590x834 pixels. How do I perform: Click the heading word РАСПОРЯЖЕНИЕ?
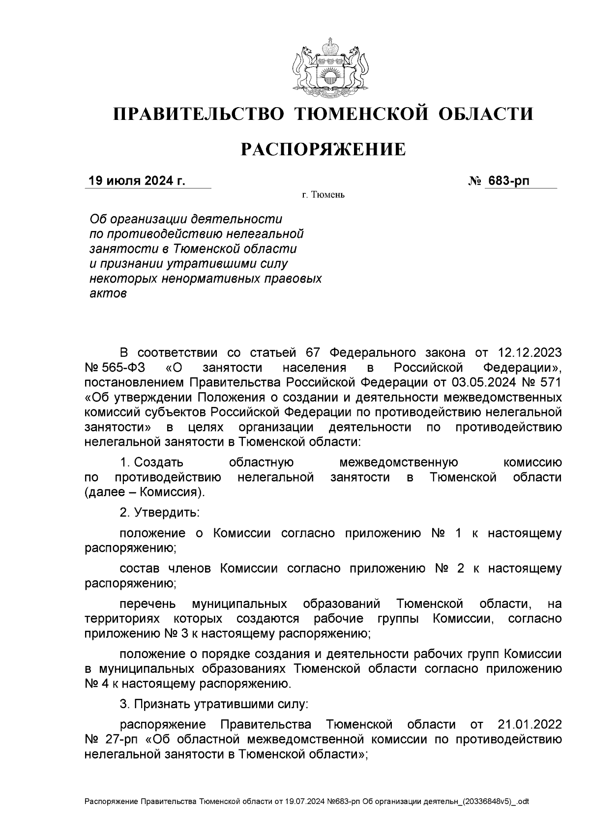(x=323, y=149)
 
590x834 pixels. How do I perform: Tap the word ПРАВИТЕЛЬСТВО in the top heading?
(x=199, y=114)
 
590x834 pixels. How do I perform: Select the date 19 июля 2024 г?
(x=137, y=181)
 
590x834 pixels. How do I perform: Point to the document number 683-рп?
(x=508, y=181)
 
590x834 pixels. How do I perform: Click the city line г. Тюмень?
(x=323, y=195)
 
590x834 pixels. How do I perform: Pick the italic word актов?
(x=108, y=294)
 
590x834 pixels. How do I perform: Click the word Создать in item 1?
(x=158, y=462)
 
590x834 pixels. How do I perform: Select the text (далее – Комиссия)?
(x=145, y=492)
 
